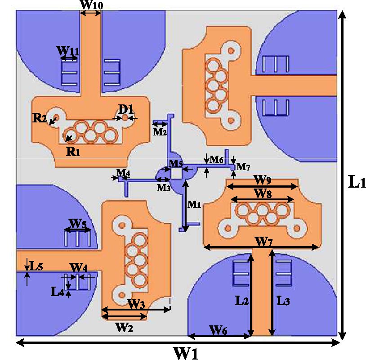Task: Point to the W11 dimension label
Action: click(68, 51)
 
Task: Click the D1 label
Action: click(126, 108)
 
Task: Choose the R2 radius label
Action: click(40, 118)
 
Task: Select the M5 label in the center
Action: click(175, 163)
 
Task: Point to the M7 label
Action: click(243, 167)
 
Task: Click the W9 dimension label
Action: click(262, 180)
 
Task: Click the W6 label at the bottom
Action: click(219, 330)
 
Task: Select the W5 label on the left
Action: click(77, 223)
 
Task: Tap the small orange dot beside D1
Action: click(125, 117)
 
